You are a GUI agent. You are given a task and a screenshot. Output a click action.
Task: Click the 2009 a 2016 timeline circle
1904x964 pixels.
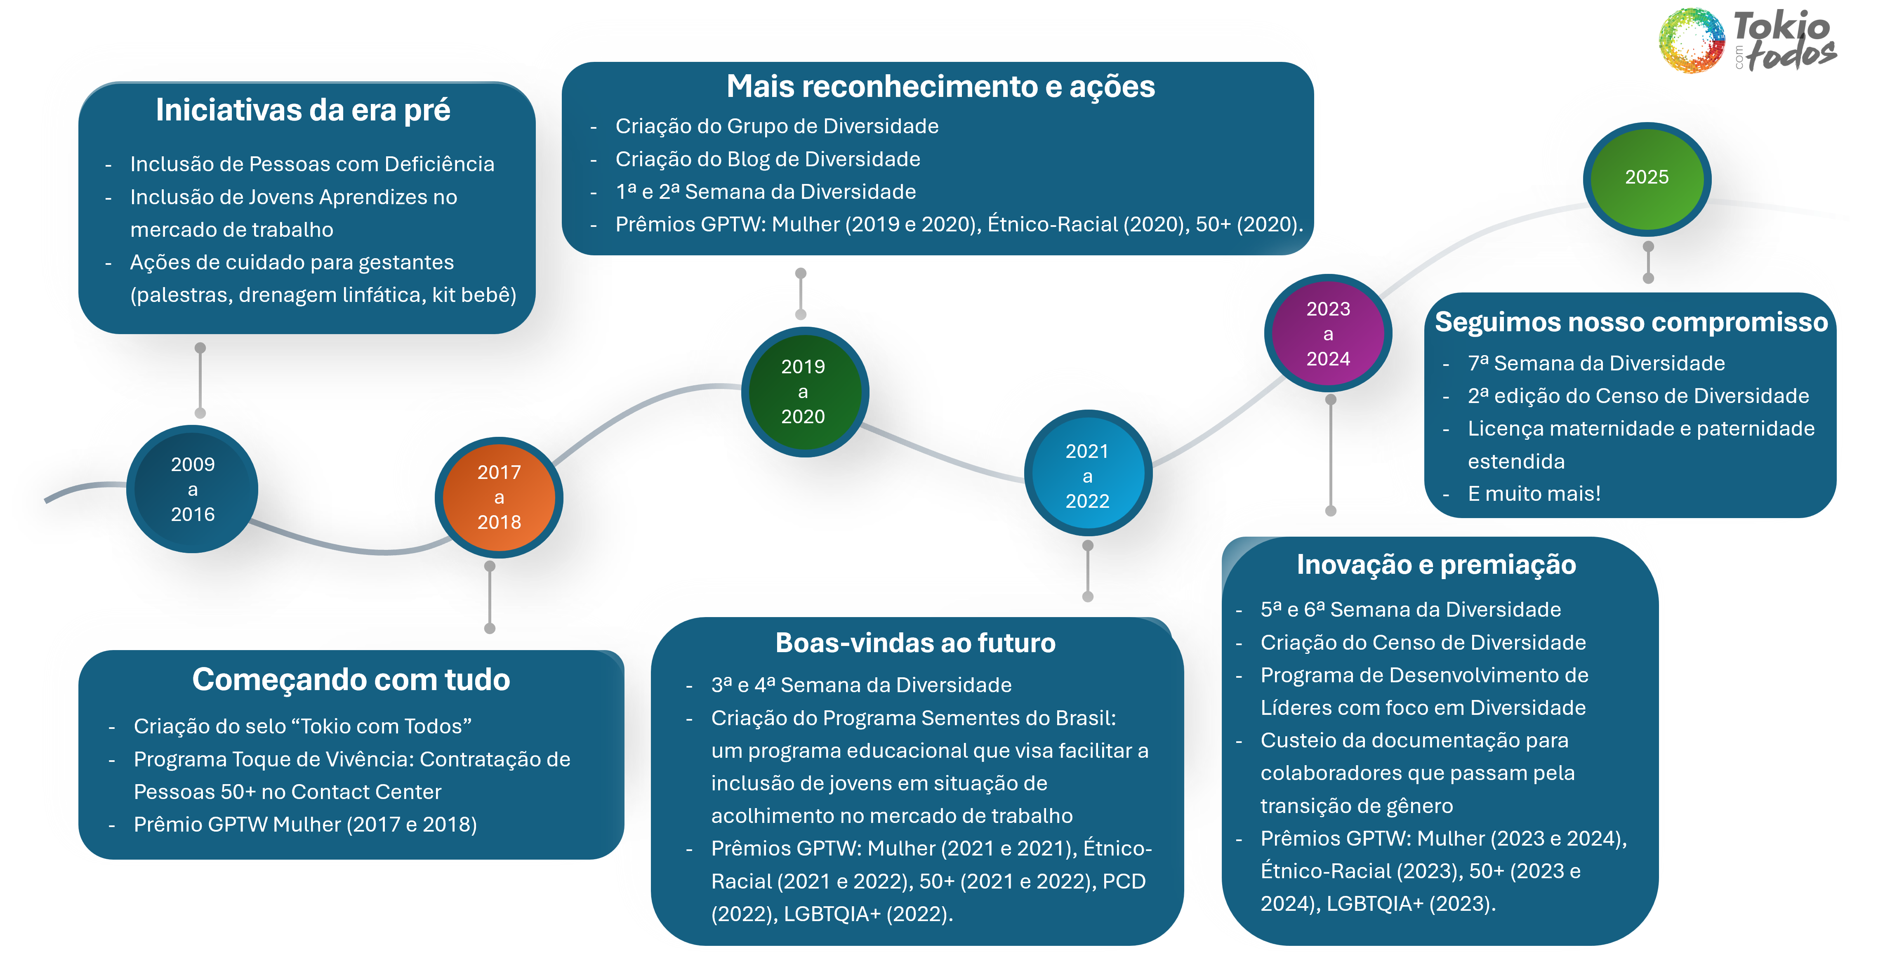coord(193,489)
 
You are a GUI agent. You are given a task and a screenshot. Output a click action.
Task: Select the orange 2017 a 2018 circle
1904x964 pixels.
coord(499,497)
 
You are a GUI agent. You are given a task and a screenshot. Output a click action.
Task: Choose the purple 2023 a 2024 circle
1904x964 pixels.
coord(1328,333)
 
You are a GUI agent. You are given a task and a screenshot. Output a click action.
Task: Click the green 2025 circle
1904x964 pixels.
coord(1646,177)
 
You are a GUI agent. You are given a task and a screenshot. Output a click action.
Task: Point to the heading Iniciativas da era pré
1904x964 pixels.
coord(303,110)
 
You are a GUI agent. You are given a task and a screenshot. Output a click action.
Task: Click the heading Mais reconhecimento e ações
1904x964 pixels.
coord(940,87)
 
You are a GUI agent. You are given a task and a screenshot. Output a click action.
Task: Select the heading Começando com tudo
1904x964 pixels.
coord(351,679)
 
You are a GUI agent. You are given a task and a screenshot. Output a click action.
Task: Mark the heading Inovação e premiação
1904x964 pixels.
coord(1436,565)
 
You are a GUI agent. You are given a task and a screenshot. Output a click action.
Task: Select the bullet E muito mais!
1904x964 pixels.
coord(1534,494)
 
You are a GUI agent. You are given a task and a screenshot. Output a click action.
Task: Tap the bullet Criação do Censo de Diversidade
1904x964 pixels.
coord(1423,642)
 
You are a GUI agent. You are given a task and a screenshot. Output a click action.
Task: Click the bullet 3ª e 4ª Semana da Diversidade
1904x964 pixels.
coord(861,685)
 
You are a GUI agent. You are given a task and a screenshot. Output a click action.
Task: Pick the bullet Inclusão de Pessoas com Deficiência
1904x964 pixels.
coord(312,164)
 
